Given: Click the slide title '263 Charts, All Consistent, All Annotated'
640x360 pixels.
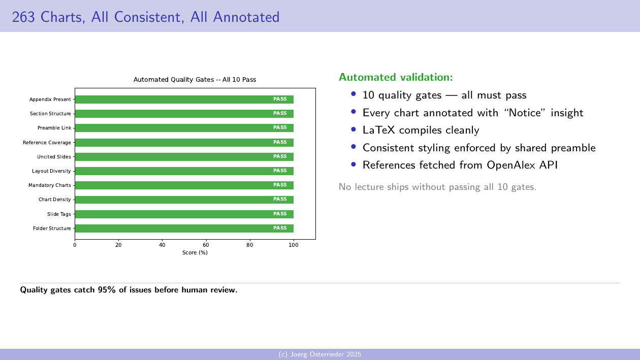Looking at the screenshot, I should click(146, 17).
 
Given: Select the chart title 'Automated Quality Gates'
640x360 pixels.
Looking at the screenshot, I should click(195, 80).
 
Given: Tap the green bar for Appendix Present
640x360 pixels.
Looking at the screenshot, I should click(184, 100).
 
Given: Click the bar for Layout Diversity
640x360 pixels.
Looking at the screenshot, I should click(184, 171).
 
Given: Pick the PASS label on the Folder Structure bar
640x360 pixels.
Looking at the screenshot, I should click(280, 228).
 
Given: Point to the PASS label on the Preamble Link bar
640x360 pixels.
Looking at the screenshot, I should click(280, 128).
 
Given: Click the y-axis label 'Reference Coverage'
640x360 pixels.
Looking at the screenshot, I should click(47, 143).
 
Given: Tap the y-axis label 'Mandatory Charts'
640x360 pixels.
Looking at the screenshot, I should click(50, 185).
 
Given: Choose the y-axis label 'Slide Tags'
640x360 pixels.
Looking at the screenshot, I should click(59, 214).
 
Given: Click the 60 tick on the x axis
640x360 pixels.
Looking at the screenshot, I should click(206, 245).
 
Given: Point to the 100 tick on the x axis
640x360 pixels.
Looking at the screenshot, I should click(294, 245).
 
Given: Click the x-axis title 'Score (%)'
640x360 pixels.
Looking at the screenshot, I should click(195, 252).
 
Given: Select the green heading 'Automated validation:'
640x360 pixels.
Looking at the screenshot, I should click(395, 77).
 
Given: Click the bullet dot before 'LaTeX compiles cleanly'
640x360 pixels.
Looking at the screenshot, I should click(354, 129).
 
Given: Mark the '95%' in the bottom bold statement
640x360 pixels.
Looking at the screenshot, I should click(107, 290).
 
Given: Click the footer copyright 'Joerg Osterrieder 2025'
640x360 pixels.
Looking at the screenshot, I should click(320, 354).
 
